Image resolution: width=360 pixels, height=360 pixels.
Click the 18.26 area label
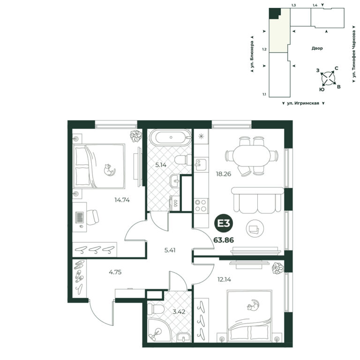(224, 174)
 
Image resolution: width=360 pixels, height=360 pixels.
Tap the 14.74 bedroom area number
(122, 200)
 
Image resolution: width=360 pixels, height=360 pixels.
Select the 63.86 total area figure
(224, 240)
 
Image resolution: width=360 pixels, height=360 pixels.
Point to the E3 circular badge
(224, 224)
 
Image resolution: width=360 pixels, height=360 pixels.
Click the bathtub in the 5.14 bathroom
(171, 137)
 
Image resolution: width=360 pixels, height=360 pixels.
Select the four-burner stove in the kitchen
(201, 205)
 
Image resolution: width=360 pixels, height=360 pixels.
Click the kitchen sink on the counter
(201, 165)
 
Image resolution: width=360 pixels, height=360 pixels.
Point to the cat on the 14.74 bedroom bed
(109, 170)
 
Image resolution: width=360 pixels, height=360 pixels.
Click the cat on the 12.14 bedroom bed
(253, 305)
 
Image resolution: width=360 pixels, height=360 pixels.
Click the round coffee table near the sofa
(255, 228)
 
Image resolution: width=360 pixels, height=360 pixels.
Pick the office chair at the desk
(92, 217)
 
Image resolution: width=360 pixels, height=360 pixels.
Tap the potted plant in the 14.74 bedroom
(136, 136)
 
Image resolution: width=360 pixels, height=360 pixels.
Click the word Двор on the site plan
(317, 48)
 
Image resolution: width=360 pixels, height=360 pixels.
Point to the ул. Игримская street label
(303, 103)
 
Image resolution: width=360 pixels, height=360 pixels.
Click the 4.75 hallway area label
(115, 272)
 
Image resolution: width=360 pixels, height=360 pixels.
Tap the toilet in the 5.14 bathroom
(183, 160)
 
